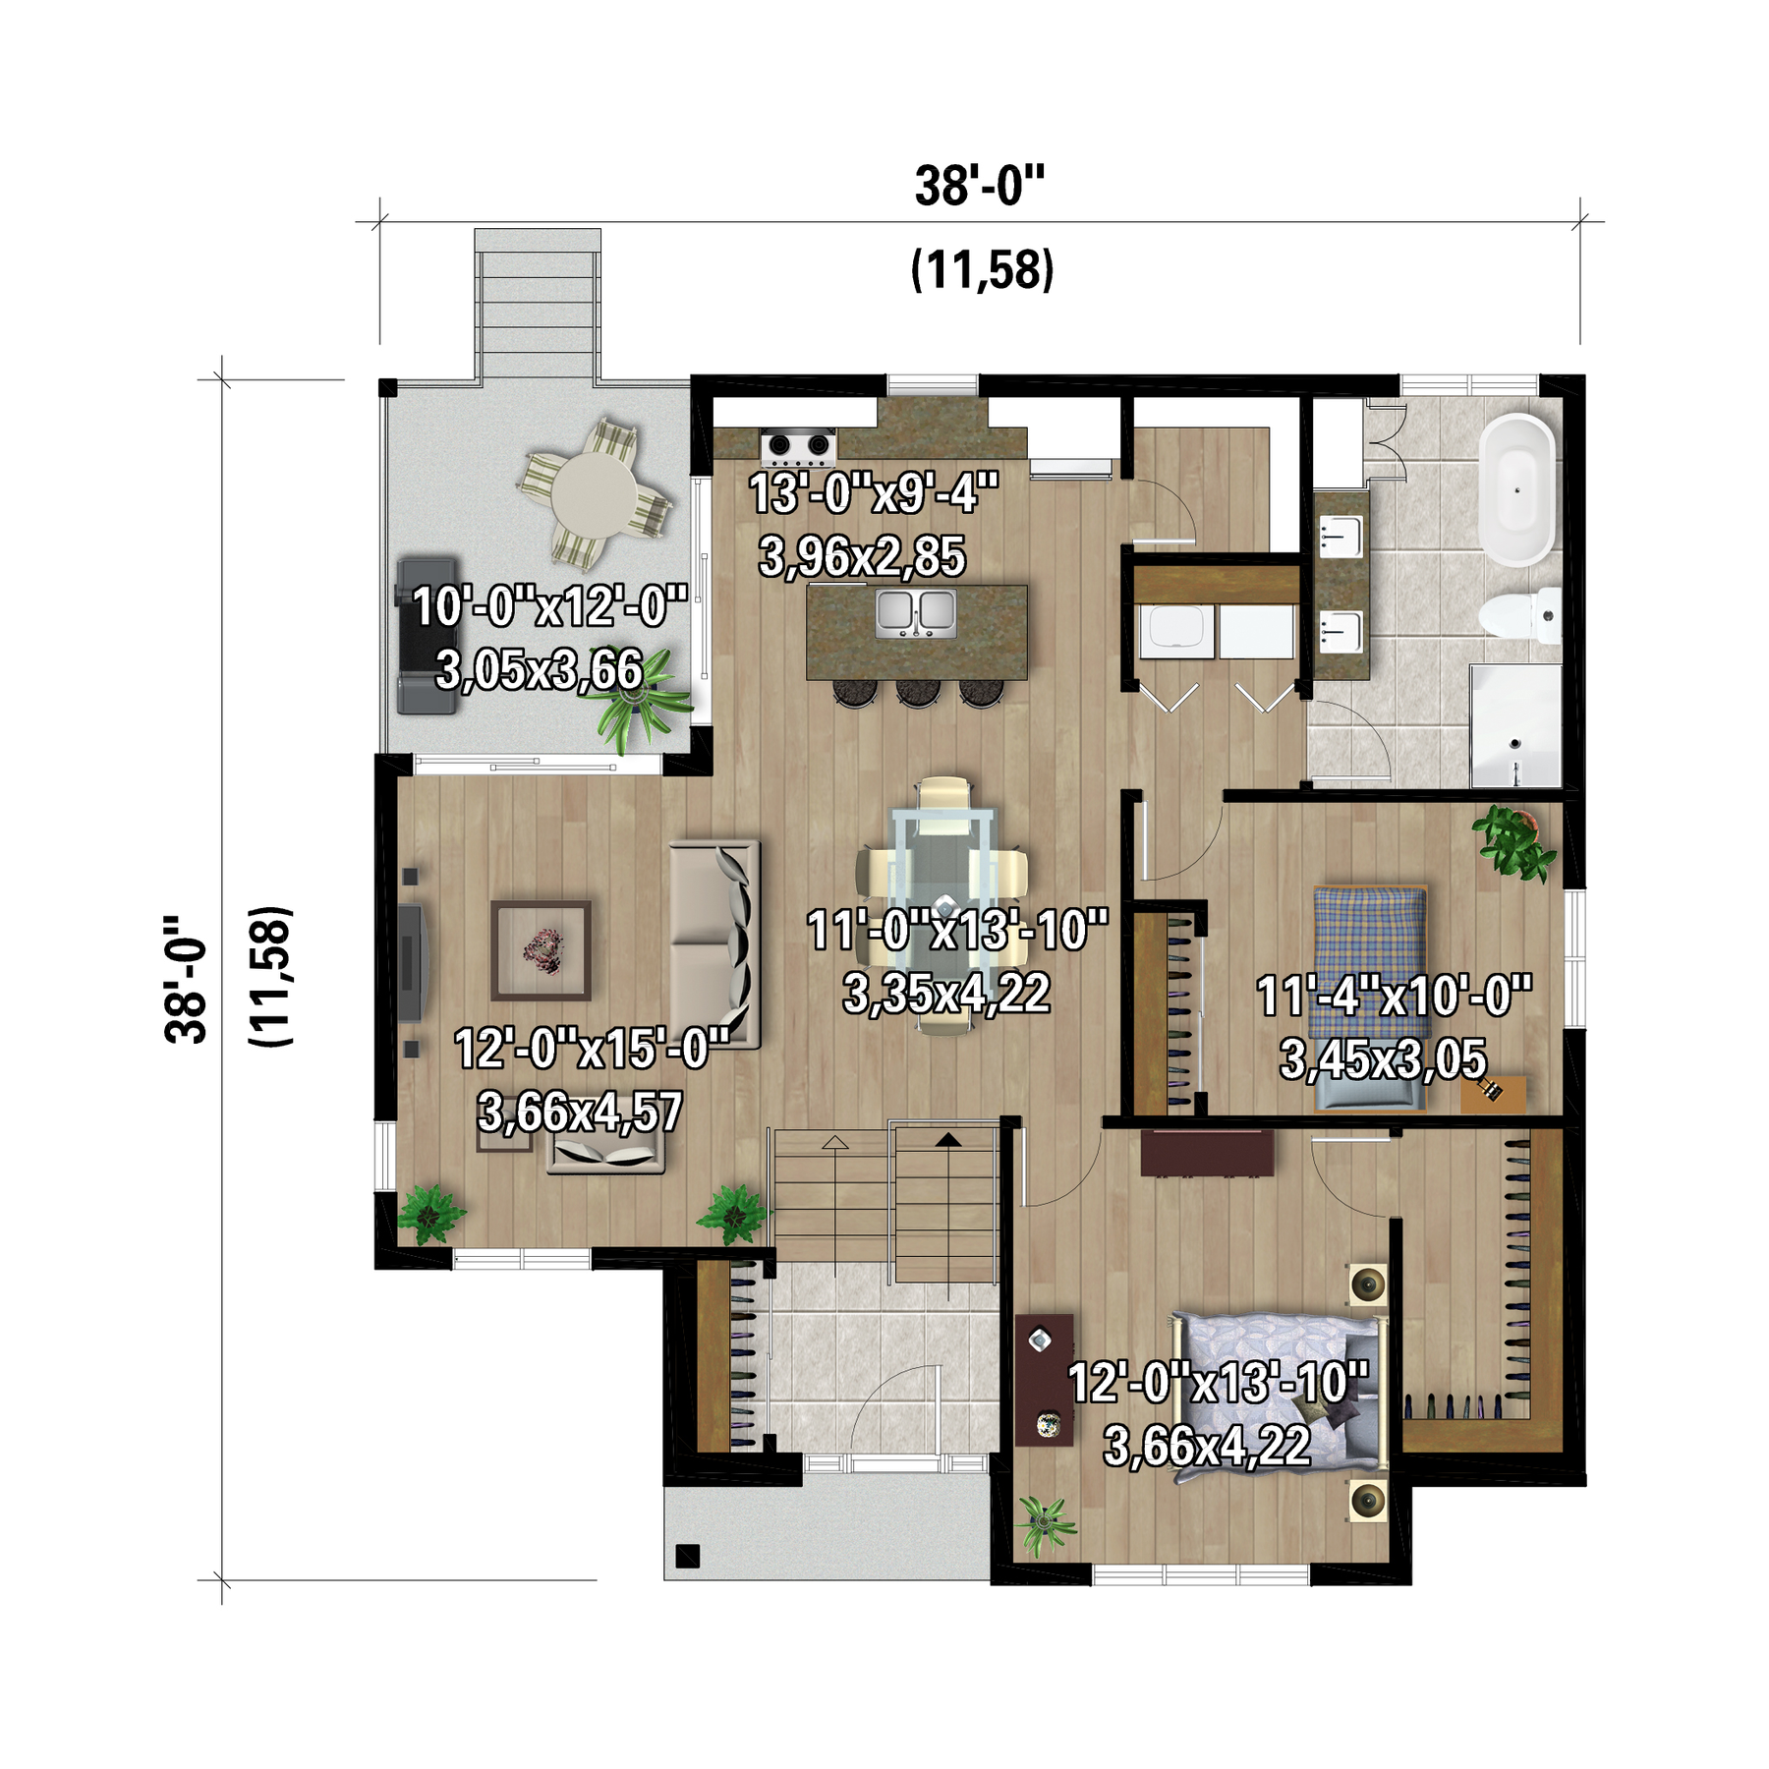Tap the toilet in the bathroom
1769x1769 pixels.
click(1519, 615)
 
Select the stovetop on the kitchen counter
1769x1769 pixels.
click(798, 447)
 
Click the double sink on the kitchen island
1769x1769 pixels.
click(916, 612)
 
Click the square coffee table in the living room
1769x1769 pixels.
click(542, 949)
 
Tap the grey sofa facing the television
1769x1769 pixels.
click(715, 944)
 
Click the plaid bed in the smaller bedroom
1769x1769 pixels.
click(1371, 997)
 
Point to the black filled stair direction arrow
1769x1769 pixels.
click(947, 1140)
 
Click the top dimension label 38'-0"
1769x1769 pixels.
click(980, 186)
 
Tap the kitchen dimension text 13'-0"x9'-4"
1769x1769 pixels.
click(874, 492)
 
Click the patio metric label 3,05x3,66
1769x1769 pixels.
click(540, 670)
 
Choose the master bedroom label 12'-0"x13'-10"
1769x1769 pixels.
click(1218, 1382)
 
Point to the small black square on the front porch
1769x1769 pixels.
click(687, 1557)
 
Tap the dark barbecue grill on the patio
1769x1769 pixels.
click(427, 636)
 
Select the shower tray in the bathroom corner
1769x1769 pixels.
click(1515, 725)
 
